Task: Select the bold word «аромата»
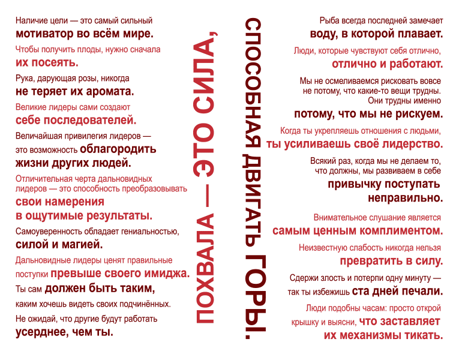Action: [110, 92]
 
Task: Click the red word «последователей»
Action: [92, 120]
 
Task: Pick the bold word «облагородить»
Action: [118, 149]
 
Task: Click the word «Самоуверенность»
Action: [49, 232]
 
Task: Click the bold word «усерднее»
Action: [40, 332]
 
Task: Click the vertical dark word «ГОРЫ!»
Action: [254, 297]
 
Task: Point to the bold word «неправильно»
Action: [406, 198]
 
